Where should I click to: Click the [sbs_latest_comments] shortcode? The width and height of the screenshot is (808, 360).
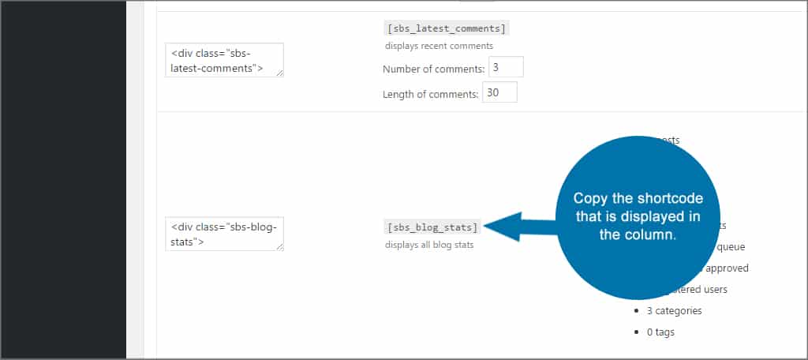click(x=447, y=28)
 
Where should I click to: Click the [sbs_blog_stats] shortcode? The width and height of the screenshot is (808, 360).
click(x=432, y=227)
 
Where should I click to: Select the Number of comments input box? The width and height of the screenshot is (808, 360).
click(x=506, y=68)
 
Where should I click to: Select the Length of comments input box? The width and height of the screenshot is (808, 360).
click(x=499, y=93)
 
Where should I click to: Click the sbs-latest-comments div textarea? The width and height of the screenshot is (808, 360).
click(x=224, y=60)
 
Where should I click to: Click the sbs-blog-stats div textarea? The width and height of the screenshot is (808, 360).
click(x=224, y=234)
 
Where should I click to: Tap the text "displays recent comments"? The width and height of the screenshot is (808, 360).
click(x=439, y=46)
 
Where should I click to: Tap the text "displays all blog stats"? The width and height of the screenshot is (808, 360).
click(x=429, y=245)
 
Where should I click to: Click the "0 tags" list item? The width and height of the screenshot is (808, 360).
click(x=660, y=332)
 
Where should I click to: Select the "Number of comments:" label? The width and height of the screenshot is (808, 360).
click(x=433, y=69)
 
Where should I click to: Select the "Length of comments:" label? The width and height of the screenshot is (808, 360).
click(x=430, y=95)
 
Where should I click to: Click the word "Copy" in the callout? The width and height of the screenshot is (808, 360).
click(x=589, y=198)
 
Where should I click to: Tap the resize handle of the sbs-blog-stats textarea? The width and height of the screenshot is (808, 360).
click(x=279, y=246)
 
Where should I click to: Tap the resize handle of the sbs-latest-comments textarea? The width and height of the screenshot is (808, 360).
click(x=279, y=73)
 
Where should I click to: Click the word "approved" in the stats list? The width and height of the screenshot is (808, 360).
click(x=728, y=268)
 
